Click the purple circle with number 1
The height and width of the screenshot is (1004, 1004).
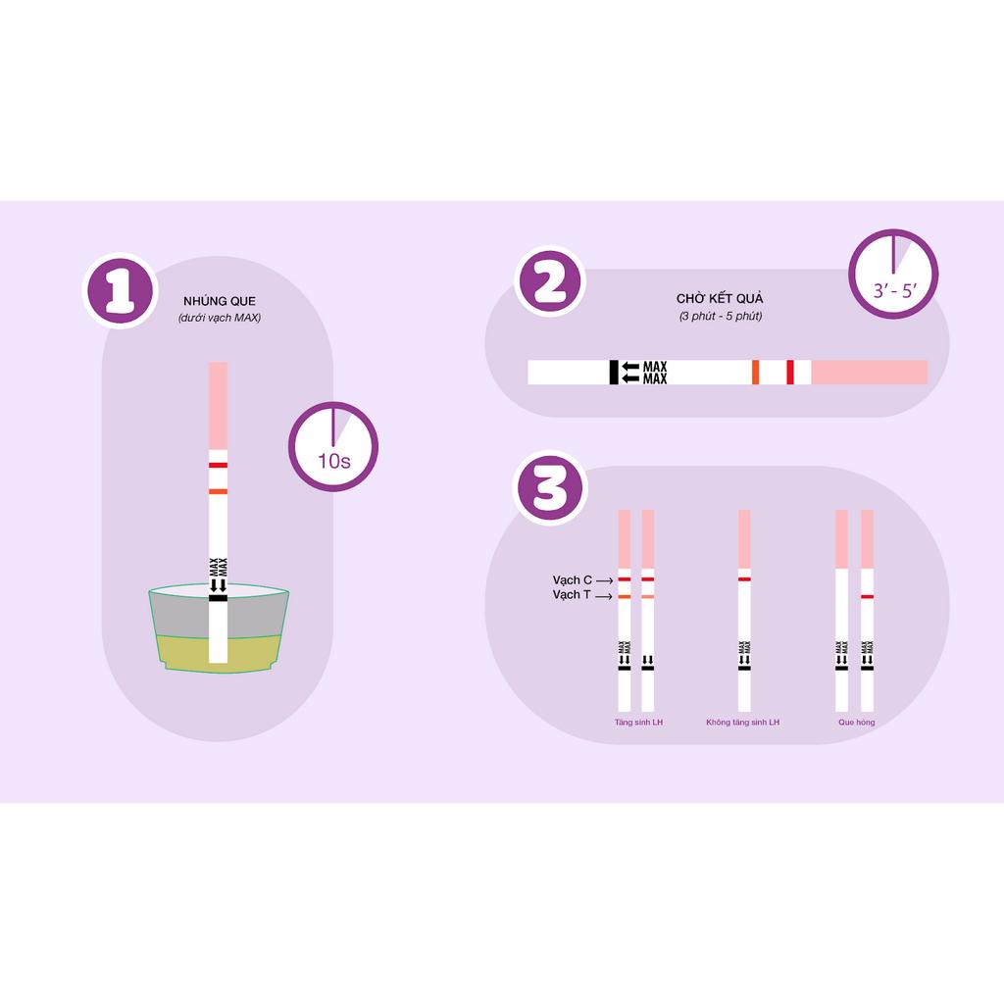click(121, 291)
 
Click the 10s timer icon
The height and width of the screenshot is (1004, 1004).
click(333, 447)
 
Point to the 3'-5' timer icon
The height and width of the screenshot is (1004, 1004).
click(892, 275)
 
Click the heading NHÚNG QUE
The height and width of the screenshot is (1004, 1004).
click(220, 301)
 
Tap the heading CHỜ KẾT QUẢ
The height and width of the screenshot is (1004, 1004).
click(720, 298)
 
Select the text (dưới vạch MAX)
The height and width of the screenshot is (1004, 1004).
click(220, 319)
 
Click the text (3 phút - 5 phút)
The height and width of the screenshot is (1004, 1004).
click(720, 316)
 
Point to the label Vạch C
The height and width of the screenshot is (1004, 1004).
click(573, 579)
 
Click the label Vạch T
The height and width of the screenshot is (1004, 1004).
click(573, 595)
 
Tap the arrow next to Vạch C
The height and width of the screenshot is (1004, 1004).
click(605, 580)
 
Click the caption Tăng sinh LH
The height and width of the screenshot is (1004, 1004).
click(638, 723)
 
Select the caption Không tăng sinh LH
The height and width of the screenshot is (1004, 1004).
click(743, 723)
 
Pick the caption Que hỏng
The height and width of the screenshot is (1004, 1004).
click(856, 723)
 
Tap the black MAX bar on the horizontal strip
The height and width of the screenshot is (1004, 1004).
click(614, 373)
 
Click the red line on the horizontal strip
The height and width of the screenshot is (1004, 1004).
click(790, 373)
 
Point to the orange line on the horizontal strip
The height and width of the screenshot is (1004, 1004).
click(755, 373)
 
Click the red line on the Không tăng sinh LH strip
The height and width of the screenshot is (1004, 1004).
click(744, 579)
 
